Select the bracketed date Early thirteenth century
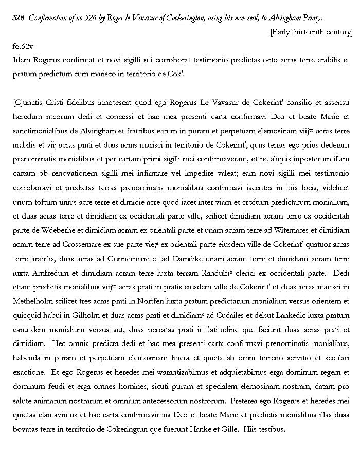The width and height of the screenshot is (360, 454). [x=311, y=32]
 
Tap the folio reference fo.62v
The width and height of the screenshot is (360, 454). [x=23, y=47]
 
